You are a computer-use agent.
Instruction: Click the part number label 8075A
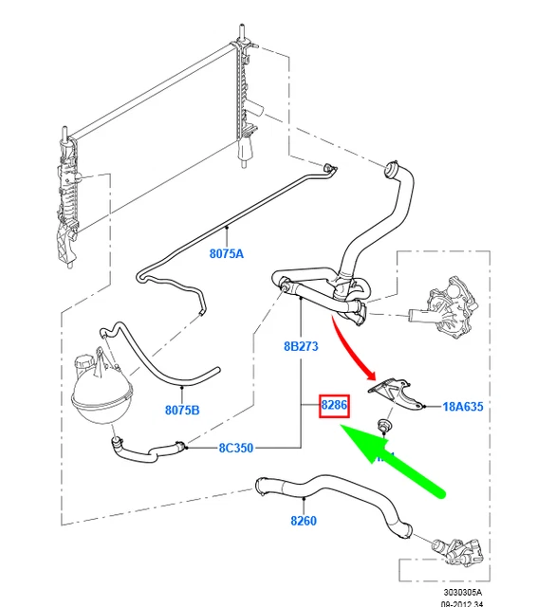point(227,253)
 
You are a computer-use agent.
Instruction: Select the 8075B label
point(182,411)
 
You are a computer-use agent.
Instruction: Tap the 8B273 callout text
point(302,347)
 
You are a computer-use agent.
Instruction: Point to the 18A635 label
point(463,407)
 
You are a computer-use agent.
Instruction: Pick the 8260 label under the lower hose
point(303,521)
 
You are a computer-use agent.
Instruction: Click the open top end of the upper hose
point(389,172)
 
